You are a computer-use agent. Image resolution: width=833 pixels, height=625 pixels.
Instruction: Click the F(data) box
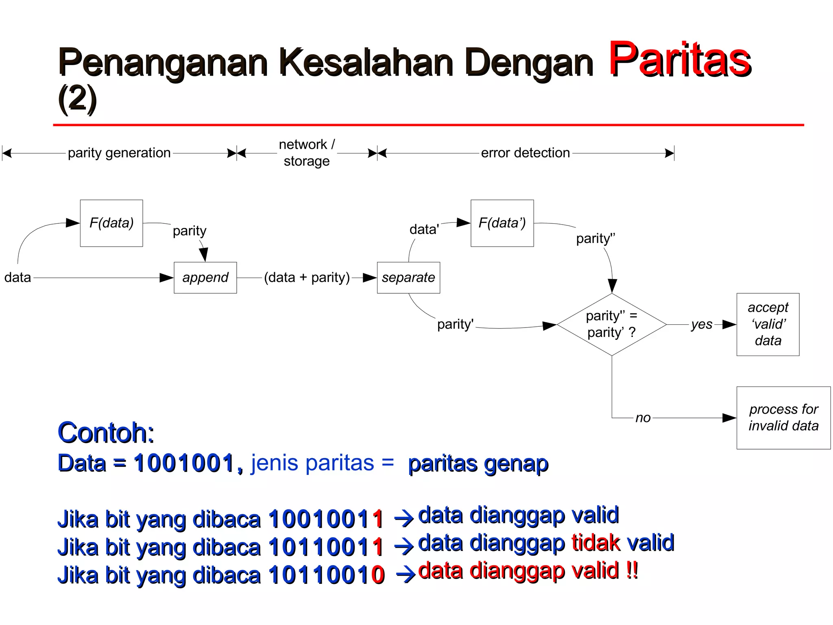[111, 223]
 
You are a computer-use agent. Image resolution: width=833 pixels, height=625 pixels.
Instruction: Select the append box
[205, 278]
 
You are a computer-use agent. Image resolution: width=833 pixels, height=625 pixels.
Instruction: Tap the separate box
[408, 278]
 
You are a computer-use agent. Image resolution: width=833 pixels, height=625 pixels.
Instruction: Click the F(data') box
[502, 223]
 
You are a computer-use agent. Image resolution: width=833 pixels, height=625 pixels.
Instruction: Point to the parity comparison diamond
[611, 324]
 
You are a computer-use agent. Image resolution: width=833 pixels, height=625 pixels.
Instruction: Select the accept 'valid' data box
[768, 324]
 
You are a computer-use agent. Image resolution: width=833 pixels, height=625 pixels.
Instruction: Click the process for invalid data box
[783, 417]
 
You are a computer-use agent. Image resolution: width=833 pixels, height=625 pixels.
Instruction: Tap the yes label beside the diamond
[702, 324]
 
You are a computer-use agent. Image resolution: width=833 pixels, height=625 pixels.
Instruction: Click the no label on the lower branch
[643, 418]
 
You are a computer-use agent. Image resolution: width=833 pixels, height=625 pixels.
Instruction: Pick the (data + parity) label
[307, 278]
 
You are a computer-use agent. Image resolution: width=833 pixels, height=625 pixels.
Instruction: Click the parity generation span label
[119, 153]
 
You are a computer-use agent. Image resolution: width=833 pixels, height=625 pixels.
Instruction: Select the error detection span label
[525, 153]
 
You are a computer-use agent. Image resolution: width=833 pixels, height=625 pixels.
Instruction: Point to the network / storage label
[307, 153]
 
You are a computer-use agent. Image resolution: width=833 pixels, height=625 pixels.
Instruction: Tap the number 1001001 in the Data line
[184, 463]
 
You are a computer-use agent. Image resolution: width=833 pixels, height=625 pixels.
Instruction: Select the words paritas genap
[478, 464]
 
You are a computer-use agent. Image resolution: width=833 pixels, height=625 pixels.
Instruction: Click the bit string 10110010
[326, 575]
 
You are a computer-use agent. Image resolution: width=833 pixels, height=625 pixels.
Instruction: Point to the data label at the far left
[17, 278]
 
